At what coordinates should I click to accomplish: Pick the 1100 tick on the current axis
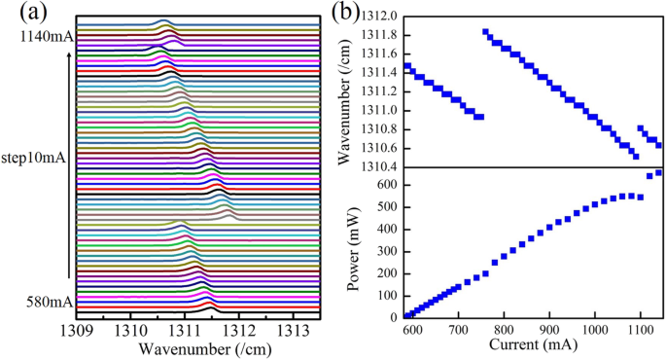click(640, 330)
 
